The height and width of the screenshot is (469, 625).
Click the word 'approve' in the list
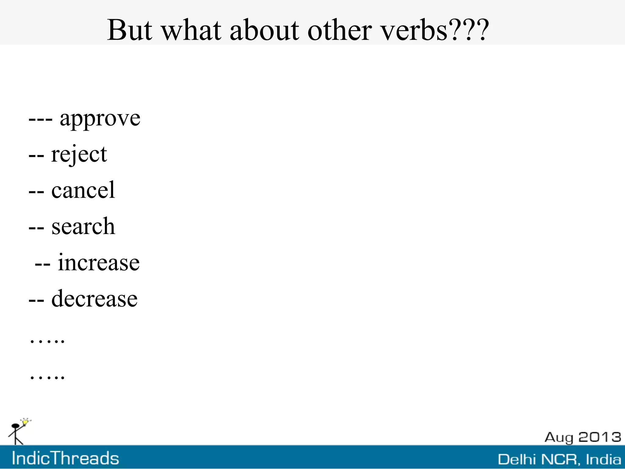point(100,119)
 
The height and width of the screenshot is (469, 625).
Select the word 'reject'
point(79,155)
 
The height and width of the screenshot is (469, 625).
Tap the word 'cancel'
point(83,190)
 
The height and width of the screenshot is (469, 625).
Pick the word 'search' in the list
point(83,227)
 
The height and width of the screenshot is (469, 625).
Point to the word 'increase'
point(99,263)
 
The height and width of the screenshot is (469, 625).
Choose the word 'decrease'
point(94,299)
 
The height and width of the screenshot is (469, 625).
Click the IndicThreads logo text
point(65,458)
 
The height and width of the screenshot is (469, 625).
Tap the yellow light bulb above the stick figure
point(26,422)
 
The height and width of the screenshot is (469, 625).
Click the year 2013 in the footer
point(599,437)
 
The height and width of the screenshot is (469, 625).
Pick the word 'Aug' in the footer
point(559,438)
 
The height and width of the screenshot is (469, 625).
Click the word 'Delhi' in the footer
point(517,460)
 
